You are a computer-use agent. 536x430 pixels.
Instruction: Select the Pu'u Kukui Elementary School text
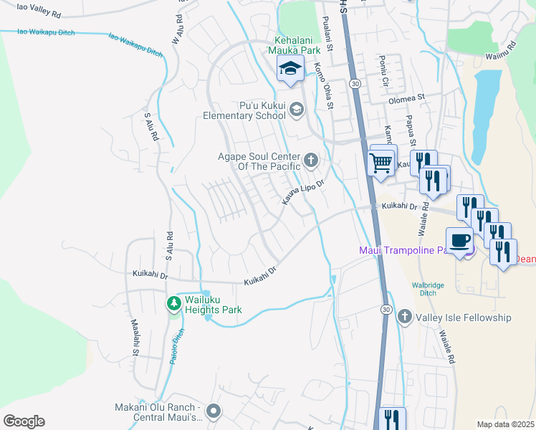pyautogui.click(x=244, y=110)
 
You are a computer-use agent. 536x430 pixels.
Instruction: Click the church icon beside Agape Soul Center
pyautogui.click(x=310, y=160)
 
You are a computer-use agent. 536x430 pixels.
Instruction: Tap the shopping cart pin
pyautogui.click(x=381, y=161)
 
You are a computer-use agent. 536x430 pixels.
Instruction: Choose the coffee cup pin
pyautogui.click(x=460, y=239)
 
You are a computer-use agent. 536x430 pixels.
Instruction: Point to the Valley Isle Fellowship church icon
pyautogui.click(x=404, y=316)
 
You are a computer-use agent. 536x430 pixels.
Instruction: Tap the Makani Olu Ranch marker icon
pyautogui.click(x=213, y=411)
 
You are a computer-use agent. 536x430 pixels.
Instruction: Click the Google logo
pyautogui.click(x=24, y=421)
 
